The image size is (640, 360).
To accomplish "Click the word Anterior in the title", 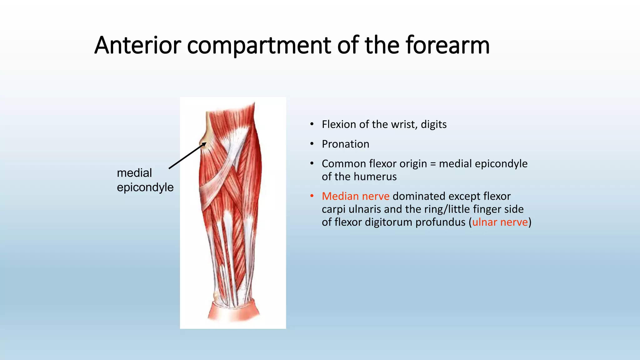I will (x=137, y=45).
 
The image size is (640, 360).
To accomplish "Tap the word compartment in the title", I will (x=259, y=45).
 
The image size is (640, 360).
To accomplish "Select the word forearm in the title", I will (x=447, y=45).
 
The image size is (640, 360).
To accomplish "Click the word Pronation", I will (x=345, y=144).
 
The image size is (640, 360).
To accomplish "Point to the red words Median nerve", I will (x=356, y=196).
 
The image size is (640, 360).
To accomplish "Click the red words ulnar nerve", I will (x=500, y=222).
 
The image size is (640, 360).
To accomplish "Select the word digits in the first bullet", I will (x=433, y=124).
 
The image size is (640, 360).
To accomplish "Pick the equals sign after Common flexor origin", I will (x=433, y=164).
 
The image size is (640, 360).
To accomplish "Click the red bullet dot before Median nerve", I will (x=312, y=196).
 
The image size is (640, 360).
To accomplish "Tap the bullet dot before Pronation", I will (x=312, y=144).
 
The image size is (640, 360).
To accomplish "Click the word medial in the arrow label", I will (x=134, y=173).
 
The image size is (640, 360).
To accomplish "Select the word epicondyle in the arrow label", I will (x=145, y=187).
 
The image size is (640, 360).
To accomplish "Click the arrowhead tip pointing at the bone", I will (x=206, y=143).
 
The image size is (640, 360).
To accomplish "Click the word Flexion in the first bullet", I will (x=339, y=124).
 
